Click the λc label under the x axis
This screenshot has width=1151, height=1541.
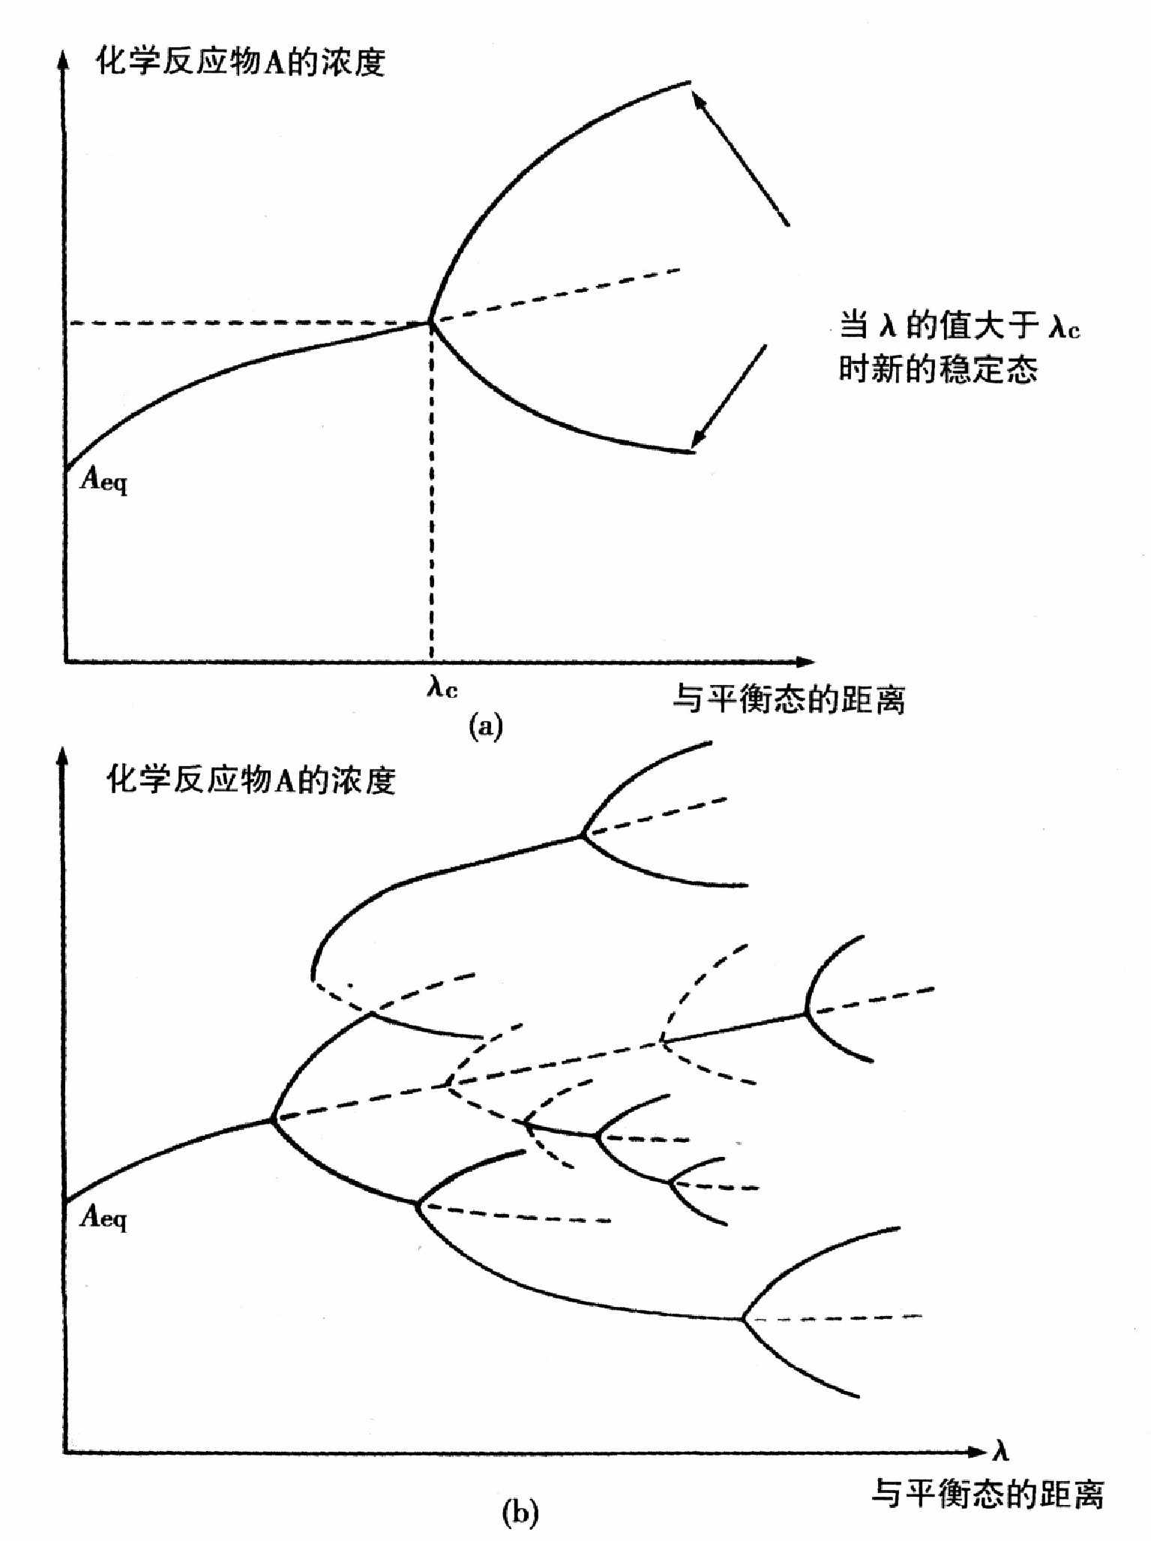click(442, 686)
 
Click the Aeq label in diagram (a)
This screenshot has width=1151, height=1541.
click(103, 479)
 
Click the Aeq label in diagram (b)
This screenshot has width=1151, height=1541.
click(103, 1215)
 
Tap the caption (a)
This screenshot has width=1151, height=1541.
click(485, 727)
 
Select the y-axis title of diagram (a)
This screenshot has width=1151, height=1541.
click(241, 62)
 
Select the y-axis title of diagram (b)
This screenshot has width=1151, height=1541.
click(250, 780)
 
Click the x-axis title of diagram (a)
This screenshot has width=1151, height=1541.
click(789, 699)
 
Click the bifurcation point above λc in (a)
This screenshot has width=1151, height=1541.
click(431, 322)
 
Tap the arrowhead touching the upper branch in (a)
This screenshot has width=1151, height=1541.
click(698, 99)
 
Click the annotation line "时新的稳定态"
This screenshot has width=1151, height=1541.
click(938, 369)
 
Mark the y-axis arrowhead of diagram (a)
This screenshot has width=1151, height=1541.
click(64, 60)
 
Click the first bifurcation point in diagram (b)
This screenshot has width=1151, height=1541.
click(271, 1120)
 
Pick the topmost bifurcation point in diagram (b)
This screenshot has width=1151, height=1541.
click(581, 834)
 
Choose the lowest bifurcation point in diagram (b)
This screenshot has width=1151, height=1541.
click(743, 1318)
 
